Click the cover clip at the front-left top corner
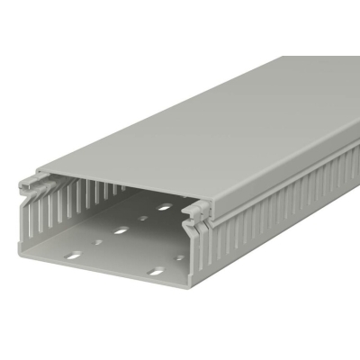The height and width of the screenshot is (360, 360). point(31,185)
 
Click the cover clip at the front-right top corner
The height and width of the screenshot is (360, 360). point(197,213)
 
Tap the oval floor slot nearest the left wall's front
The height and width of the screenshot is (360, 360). point(74,254)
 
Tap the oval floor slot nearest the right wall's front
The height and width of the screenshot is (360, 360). point(157,270)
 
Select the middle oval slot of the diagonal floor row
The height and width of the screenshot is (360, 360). point(121,231)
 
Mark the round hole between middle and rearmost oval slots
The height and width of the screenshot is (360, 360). point(143,218)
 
